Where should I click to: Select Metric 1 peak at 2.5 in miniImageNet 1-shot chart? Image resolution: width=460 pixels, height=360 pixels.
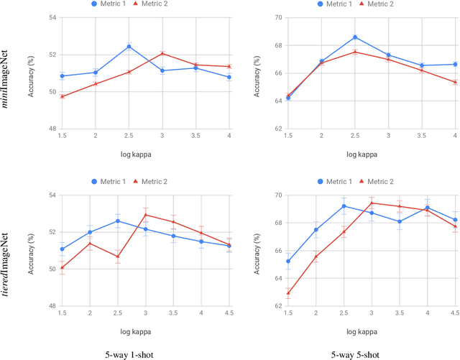click(x=129, y=47)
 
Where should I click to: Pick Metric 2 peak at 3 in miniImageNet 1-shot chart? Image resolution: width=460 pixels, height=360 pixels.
click(x=162, y=53)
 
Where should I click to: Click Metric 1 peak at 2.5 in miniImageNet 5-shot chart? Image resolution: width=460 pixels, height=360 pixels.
click(x=355, y=37)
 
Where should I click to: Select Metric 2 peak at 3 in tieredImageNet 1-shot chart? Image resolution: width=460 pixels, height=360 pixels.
click(x=146, y=215)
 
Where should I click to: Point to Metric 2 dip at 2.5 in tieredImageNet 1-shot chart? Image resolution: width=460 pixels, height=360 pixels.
click(x=118, y=257)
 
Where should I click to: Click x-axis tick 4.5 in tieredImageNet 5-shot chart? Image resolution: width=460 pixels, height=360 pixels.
click(x=456, y=314)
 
